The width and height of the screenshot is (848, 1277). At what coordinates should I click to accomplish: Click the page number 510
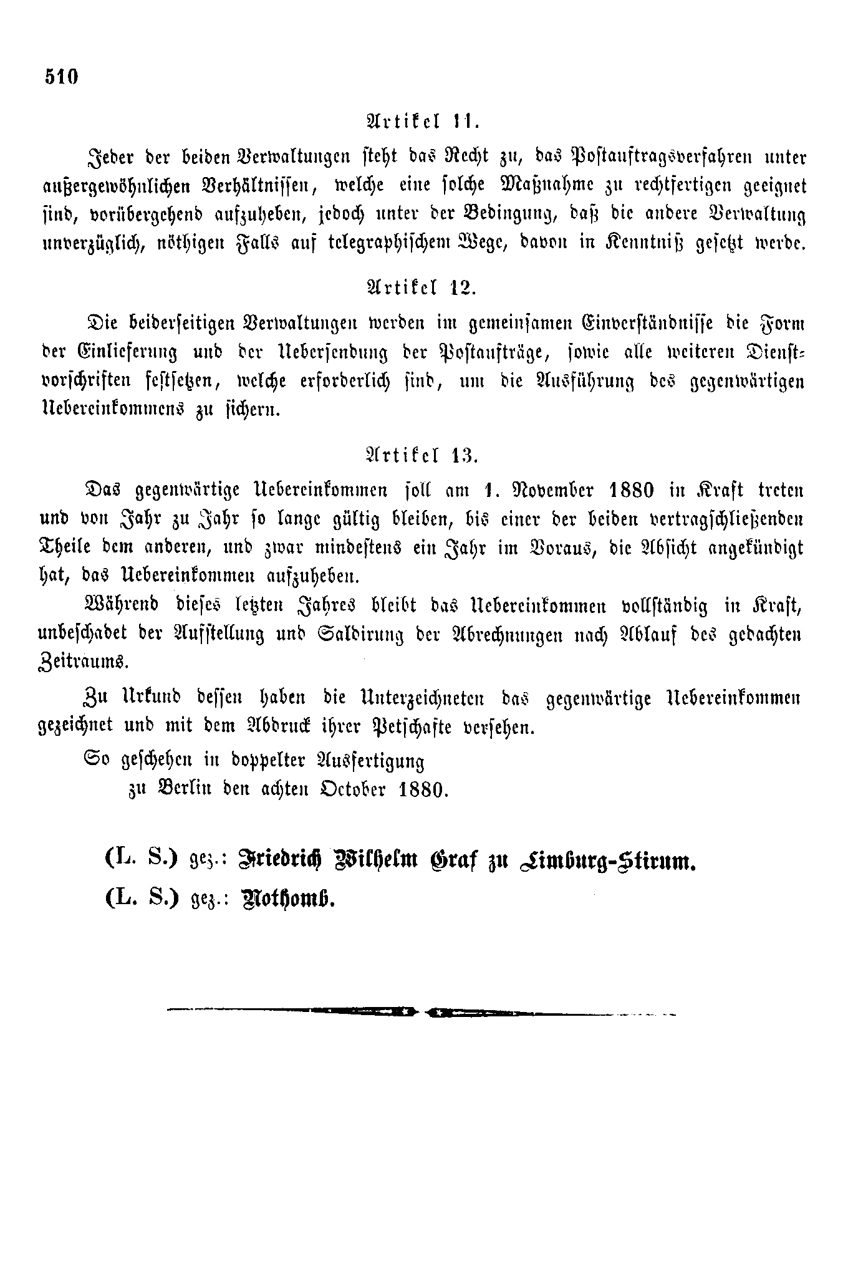point(61,77)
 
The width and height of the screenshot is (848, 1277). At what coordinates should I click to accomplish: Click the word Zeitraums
point(84,662)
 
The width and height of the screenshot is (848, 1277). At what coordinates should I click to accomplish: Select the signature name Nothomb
point(292,900)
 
